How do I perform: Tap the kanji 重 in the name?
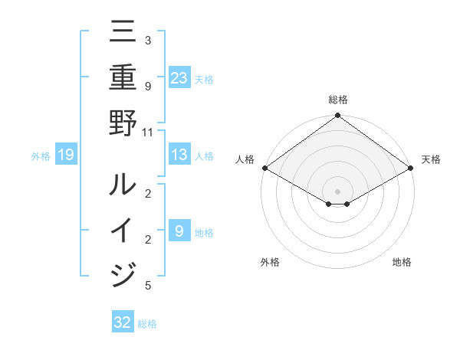(x=123, y=77)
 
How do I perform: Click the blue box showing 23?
(x=179, y=77)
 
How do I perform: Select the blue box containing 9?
(x=179, y=231)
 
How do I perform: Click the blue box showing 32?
(x=123, y=322)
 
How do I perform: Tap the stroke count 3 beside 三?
(x=147, y=41)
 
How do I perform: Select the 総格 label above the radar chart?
(x=338, y=100)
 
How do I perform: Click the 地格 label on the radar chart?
(x=402, y=262)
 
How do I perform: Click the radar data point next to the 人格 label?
(x=264, y=168)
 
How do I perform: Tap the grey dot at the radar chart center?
(x=338, y=191)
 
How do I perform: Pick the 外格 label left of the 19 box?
(x=41, y=156)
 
